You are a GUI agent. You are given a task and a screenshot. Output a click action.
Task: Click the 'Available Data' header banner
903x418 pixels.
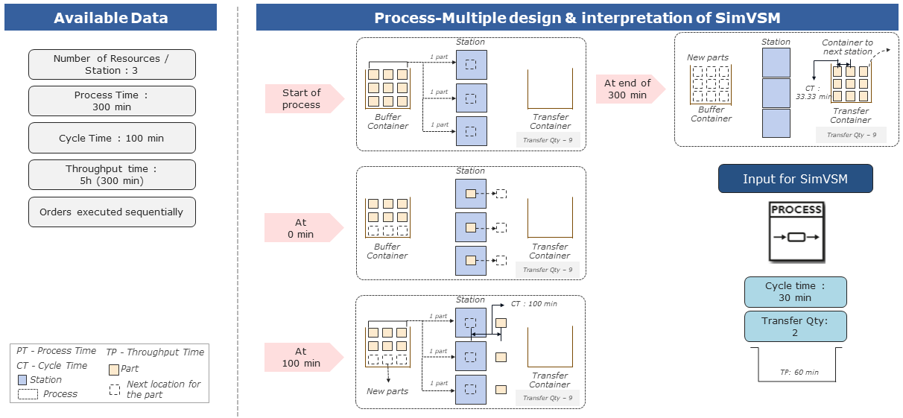110,18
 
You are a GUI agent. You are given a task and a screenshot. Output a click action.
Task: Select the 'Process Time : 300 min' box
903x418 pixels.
112,101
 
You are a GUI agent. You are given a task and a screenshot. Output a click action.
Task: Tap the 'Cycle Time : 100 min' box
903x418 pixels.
112,138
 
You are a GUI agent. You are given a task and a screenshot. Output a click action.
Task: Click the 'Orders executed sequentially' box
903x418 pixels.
112,212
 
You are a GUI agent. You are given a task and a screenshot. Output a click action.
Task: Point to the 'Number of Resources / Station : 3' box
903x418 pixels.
112,64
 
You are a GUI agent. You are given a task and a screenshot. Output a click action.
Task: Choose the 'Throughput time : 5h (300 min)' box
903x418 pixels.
112,174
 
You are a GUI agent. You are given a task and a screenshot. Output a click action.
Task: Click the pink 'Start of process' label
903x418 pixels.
302,98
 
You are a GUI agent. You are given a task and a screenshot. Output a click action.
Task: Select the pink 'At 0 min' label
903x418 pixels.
302,228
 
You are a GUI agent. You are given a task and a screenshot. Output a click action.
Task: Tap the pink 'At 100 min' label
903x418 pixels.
302,357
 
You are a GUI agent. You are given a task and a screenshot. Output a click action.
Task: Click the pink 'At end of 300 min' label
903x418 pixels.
627,89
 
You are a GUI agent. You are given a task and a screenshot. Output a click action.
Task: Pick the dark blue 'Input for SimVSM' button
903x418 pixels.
795,179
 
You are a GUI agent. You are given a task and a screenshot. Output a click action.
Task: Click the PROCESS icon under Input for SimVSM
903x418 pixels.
796,232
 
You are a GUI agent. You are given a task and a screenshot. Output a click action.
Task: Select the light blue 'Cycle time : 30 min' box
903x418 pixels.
795,291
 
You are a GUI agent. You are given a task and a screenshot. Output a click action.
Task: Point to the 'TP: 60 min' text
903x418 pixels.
799,372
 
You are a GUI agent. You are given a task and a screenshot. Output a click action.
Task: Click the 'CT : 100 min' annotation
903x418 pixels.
533,304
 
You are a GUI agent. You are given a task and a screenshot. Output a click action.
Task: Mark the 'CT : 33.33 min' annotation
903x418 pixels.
811,92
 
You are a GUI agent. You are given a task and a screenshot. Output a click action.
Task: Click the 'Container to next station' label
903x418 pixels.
847,47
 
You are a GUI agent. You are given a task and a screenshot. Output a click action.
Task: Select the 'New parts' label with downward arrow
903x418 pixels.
387,391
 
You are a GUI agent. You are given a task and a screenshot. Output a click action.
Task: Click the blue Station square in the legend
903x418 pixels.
22,380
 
